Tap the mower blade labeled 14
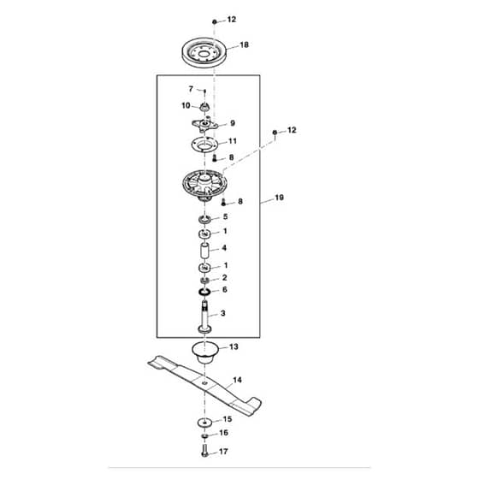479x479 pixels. [x=204, y=383]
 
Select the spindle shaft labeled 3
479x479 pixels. [x=204, y=317]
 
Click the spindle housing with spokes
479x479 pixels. [x=204, y=186]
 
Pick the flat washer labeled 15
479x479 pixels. [x=204, y=423]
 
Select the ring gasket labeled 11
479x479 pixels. [x=204, y=145]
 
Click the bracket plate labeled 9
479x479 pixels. [x=204, y=125]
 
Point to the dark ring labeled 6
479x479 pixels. [x=204, y=292]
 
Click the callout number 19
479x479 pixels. [x=279, y=198]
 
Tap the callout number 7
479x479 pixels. [x=191, y=89]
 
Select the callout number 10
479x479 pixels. [x=186, y=106]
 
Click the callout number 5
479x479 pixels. [x=226, y=216]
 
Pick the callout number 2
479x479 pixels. [x=224, y=278]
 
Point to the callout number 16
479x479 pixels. [x=223, y=433]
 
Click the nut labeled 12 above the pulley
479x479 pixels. [x=215, y=21]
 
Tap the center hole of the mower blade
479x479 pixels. [x=204, y=383]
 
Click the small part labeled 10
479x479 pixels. [x=204, y=107]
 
